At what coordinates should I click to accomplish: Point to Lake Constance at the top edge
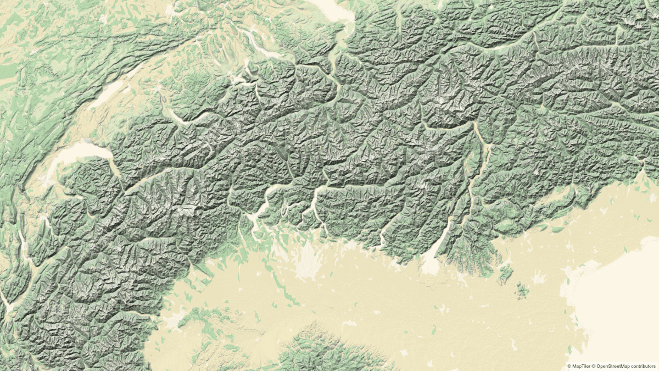(x=329, y=8)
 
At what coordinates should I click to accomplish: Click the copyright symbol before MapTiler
(x=569, y=366)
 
